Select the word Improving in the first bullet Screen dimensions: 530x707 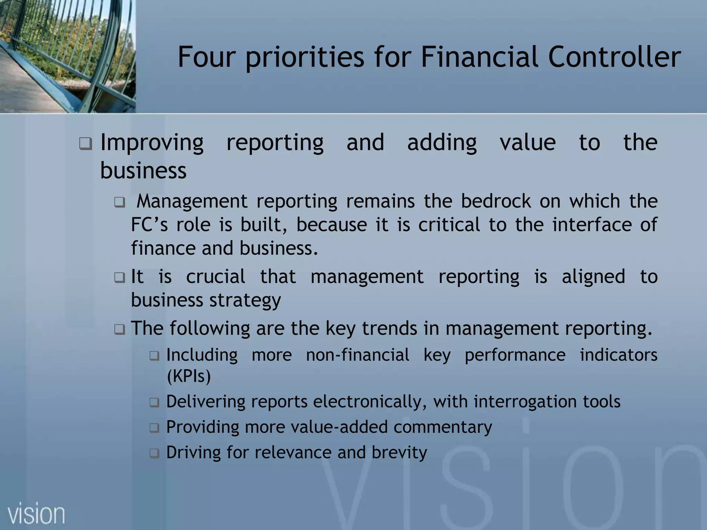pos(152,143)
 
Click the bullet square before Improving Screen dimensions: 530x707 pos(85,143)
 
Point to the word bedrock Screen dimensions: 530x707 pos(496,201)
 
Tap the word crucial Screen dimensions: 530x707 pos(216,276)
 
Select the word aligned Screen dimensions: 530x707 pos(593,277)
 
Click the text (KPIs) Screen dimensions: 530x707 pos(188,376)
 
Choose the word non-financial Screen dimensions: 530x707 pos(357,355)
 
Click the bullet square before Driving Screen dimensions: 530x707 pos(154,453)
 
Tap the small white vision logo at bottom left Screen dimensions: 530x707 pos(36,514)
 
